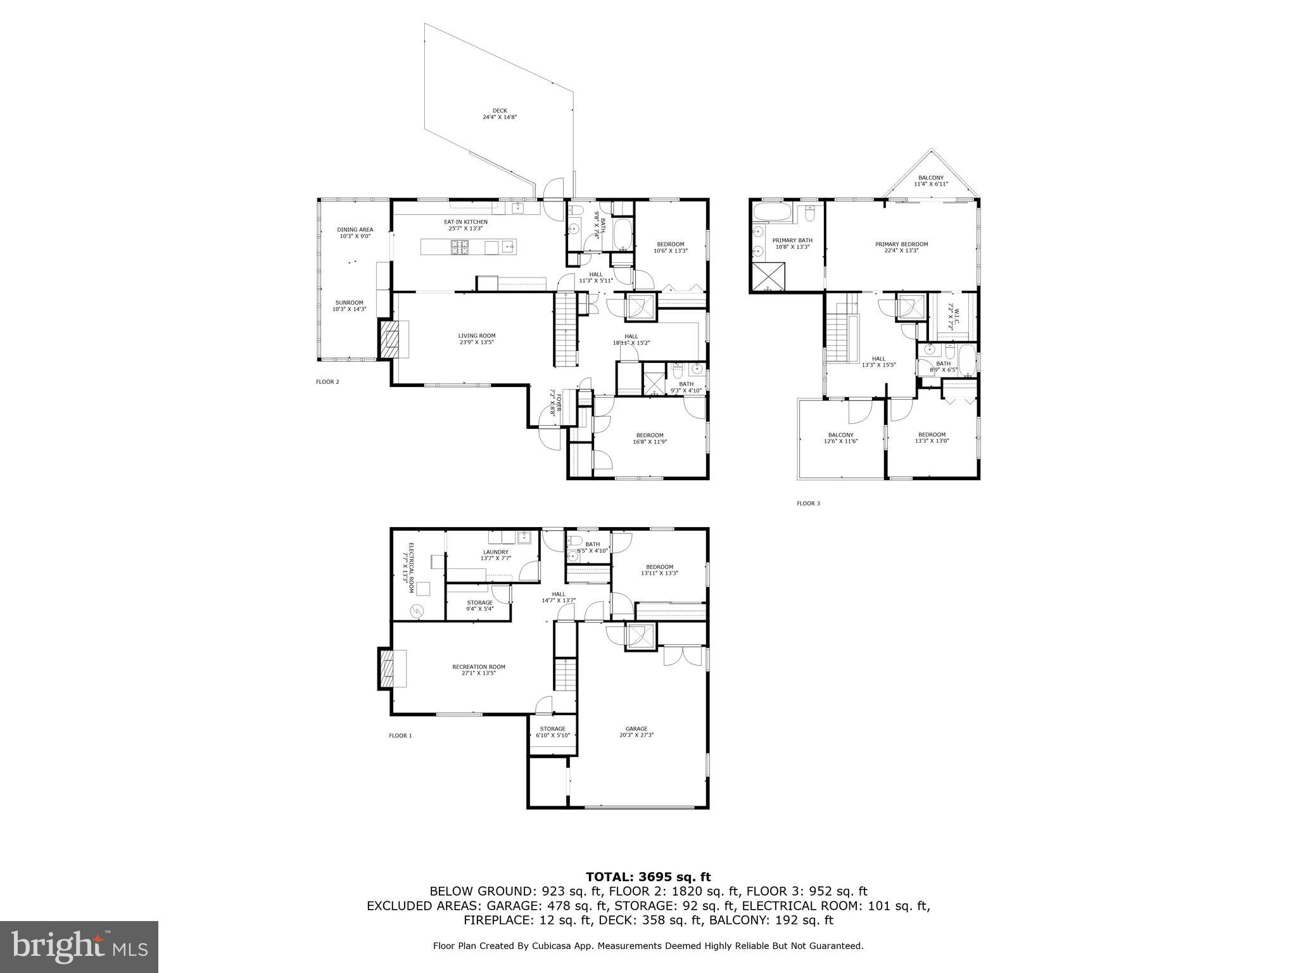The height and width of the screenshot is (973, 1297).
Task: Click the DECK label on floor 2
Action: click(x=500, y=114)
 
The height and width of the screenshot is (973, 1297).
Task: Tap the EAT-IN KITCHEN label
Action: click(x=465, y=225)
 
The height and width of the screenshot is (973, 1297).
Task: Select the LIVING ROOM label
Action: click(x=476, y=339)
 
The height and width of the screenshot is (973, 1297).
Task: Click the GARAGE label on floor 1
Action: click(x=636, y=732)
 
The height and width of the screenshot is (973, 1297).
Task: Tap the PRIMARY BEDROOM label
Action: click(x=901, y=247)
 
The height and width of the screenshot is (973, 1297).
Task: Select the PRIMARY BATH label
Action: click(x=792, y=243)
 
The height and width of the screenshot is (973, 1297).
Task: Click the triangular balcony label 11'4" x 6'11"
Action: click(x=930, y=181)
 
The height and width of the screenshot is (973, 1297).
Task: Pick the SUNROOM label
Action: click(x=349, y=306)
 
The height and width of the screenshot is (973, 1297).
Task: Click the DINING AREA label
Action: click(x=355, y=232)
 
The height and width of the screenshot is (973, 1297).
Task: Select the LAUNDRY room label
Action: click(x=495, y=555)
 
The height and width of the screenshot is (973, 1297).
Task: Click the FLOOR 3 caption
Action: click(x=808, y=504)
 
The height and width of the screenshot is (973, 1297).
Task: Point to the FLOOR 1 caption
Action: click(x=400, y=735)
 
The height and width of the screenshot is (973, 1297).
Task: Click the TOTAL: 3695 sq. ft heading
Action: click(x=648, y=877)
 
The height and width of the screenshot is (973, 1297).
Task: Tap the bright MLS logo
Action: click(x=79, y=947)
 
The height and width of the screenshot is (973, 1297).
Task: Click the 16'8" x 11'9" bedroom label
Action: click(x=649, y=438)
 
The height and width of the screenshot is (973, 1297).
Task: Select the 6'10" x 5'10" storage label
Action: click(x=553, y=732)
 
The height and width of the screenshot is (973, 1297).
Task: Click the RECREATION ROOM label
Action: click(x=478, y=670)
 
